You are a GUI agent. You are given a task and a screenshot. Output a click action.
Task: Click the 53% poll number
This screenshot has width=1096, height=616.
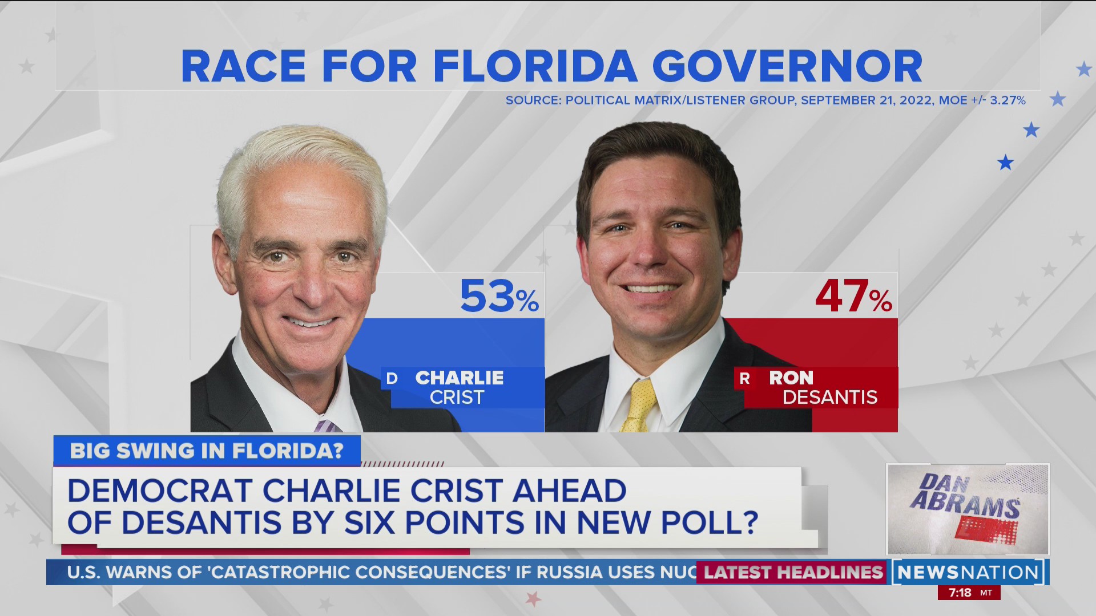pyautogui.click(x=498, y=297)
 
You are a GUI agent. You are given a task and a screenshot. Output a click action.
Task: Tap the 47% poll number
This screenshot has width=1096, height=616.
pyautogui.click(x=853, y=297)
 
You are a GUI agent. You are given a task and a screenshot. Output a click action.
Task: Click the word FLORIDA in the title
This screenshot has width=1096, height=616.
pyautogui.click(x=535, y=67)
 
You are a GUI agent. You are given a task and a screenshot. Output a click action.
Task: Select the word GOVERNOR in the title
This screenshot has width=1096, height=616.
pyautogui.click(x=787, y=67)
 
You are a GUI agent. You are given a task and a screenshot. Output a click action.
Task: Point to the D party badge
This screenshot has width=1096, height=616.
pyautogui.click(x=392, y=378)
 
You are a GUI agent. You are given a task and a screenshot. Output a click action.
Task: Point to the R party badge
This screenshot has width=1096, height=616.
pyautogui.click(x=744, y=378)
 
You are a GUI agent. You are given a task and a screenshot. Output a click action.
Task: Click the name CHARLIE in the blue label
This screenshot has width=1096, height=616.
pyautogui.click(x=460, y=378)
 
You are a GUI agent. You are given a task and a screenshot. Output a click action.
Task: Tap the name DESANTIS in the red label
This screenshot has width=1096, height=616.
pyautogui.click(x=829, y=397)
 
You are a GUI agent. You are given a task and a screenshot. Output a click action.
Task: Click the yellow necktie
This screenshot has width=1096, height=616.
pyautogui.click(x=638, y=406)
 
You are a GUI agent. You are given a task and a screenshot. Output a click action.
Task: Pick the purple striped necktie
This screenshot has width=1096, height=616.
pyautogui.click(x=327, y=425)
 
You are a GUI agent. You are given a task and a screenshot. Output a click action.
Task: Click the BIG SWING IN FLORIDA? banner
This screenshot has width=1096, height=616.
pyautogui.click(x=207, y=451)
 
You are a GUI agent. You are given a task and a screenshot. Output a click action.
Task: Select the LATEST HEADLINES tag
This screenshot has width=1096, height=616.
pyautogui.click(x=793, y=572)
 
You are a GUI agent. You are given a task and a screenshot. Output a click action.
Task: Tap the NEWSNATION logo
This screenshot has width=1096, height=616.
pyautogui.click(x=969, y=572)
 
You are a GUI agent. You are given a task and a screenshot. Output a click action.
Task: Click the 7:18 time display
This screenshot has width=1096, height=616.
pyautogui.click(x=960, y=593)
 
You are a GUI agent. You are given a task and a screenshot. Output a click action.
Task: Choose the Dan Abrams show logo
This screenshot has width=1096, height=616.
pyautogui.click(x=967, y=509)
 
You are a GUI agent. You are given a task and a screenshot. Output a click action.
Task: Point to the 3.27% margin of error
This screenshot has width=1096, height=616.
pyautogui.click(x=1008, y=100)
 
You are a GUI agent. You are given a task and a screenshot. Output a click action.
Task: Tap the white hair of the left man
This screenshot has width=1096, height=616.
pyautogui.click(x=300, y=157)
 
